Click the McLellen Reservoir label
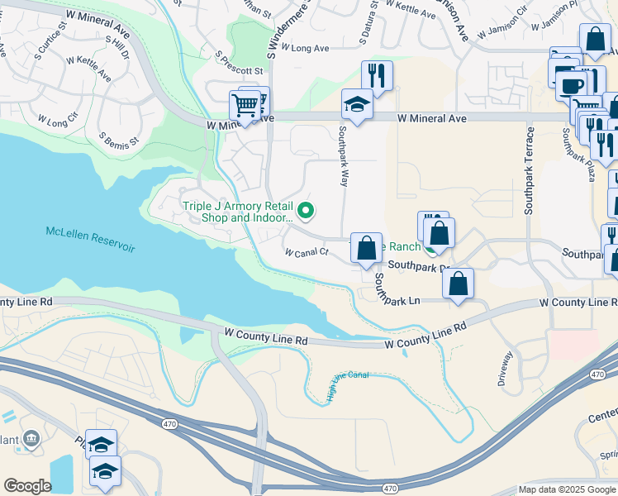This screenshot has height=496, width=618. [90, 240]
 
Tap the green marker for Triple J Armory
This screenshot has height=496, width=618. [306, 212]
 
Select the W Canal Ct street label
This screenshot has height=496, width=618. [307, 253]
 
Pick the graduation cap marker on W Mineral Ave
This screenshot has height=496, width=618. [357, 105]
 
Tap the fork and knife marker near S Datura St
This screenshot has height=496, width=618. [377, 76]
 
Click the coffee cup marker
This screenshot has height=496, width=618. [571, 86]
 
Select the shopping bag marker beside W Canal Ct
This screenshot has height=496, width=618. [366, 247]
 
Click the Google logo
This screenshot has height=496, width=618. [28, 486]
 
